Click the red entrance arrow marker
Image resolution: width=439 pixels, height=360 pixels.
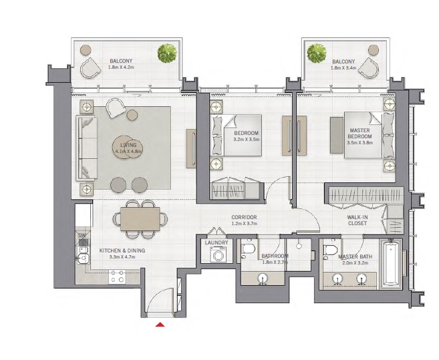[x=160, y=325]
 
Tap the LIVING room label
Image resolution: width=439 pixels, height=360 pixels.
[x=125, y=144]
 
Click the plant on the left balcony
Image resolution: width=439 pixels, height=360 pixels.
[x=167, y=52]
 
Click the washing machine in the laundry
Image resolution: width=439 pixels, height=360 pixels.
[x=217, y=255]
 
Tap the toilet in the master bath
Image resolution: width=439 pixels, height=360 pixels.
[x=329, y=250]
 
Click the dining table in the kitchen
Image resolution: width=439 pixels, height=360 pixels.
[x=140, y=218]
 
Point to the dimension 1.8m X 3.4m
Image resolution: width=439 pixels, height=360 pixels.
[x=343, y=68]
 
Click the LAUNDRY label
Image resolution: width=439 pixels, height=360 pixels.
[x=216, y=242]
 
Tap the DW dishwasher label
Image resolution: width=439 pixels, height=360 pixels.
[x=82, y=236]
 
